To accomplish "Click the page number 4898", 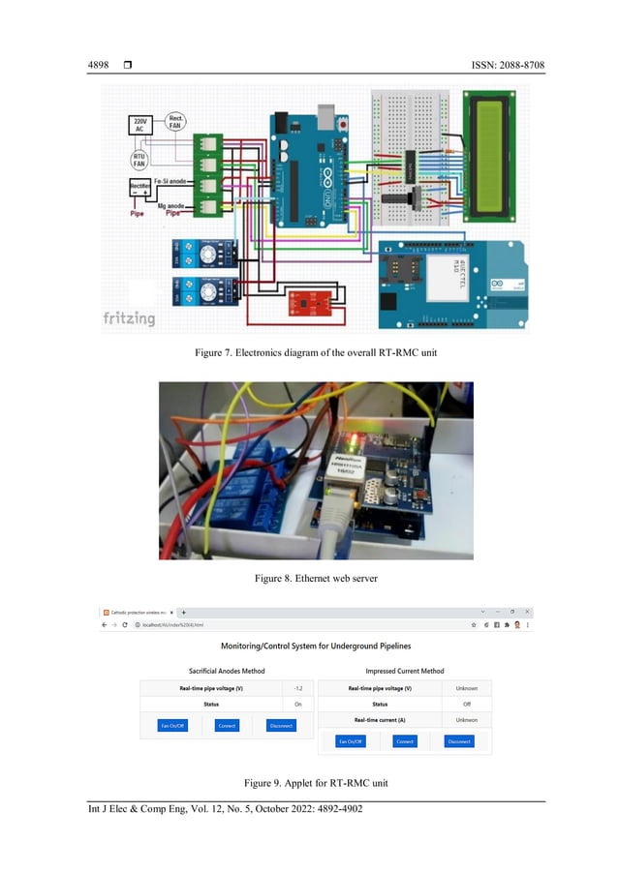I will [98, 65].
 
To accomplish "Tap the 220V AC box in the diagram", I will [141, 126].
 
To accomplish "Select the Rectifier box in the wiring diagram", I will [141, 190].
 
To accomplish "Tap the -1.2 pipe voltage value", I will [298, 688].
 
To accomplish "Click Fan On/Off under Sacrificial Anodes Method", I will [171, 724].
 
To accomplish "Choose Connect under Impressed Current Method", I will [405, 741].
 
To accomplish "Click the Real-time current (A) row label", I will [380, 719].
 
